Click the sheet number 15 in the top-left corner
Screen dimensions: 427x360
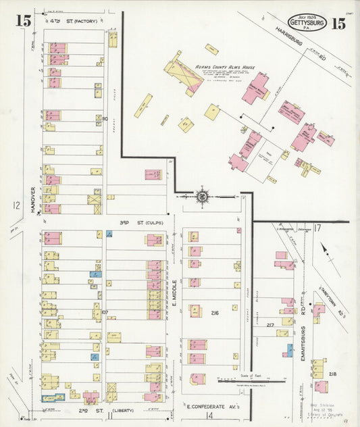(24, 20)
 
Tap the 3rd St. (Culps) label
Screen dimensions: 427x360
(132, 222)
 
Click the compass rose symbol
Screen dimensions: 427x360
(201, 197)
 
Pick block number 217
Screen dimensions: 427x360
(270, 326)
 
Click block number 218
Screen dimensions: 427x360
(332, 374)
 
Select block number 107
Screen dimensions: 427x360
(105, 312)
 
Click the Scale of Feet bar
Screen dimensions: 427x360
(251, 380)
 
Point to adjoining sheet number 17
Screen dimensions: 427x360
(317, 228)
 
